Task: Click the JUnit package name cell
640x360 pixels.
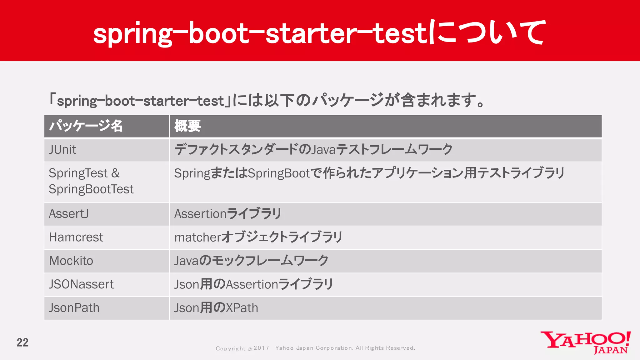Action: [x=62, y=150]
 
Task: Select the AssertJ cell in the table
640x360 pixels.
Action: [x=69, y=214]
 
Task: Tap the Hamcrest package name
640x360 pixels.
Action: [x=76, y=237]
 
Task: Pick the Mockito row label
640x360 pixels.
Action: [x=71, y=261]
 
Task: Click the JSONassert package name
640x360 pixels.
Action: [x=81, y=284]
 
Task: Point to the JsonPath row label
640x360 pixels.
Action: [x=74, y=308]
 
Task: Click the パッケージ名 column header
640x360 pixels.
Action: [x=86, y=126]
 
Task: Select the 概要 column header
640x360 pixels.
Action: [x=187, y=126]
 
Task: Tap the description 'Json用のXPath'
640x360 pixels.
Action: [x=216, y=308]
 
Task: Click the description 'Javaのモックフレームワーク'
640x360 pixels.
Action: [x=251, y=261]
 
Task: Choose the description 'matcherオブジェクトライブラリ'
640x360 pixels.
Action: [x=258, y=237]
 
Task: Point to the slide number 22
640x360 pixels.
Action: [x=22, y=342]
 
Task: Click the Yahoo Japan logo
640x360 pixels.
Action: [x=585, y=342]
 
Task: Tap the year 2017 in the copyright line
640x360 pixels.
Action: [x=261, y=348]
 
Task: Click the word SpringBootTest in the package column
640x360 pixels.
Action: [x=91, y=189]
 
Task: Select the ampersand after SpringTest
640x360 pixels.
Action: [x=115, y=173]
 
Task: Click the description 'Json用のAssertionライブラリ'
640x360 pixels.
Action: [x=253, y=284]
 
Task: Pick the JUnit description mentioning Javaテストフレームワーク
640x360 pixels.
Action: [x=313, y=150]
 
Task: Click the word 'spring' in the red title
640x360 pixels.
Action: [x=132, y=34]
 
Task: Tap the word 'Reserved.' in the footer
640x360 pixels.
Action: [x=401, y=348]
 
